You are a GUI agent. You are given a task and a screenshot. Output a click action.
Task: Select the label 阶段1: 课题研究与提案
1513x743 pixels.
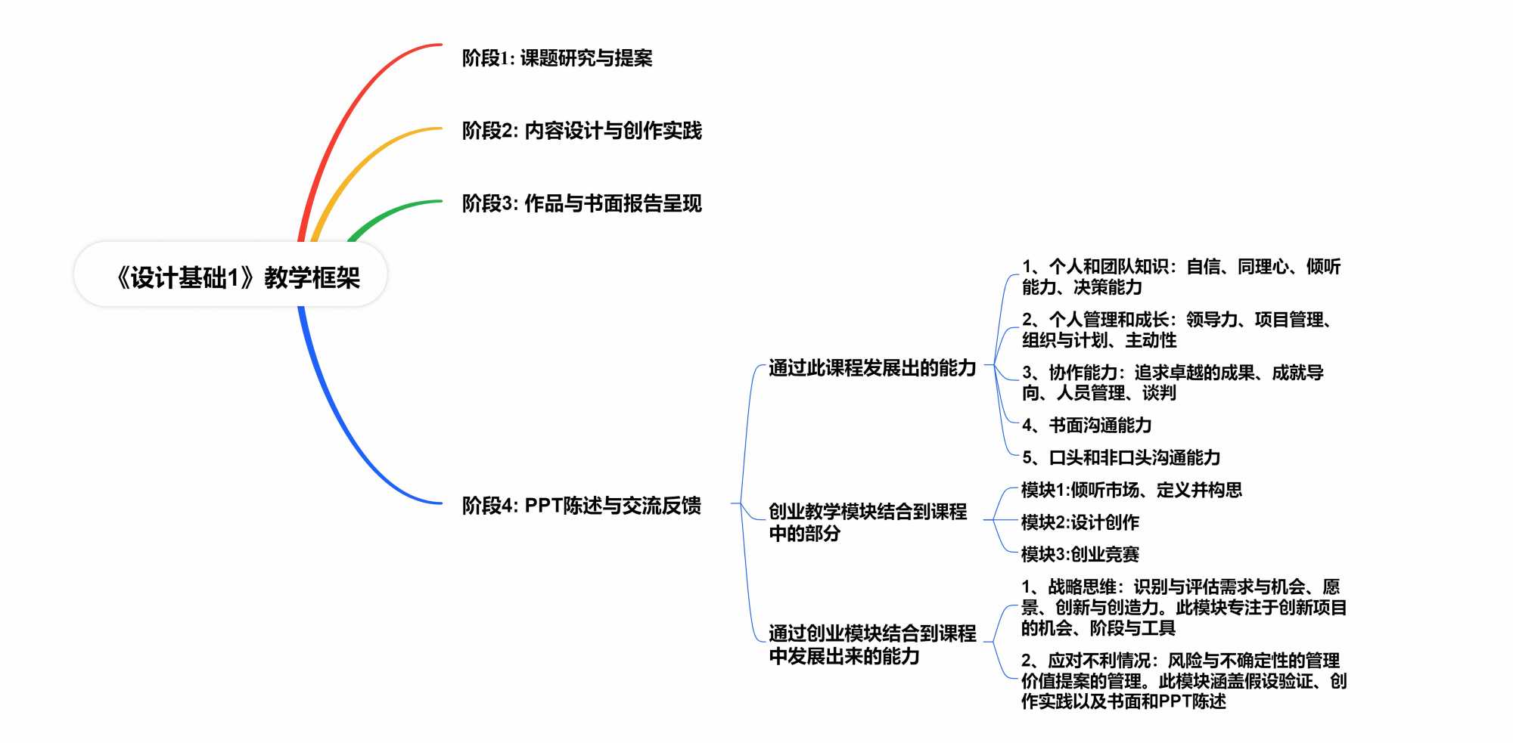557,58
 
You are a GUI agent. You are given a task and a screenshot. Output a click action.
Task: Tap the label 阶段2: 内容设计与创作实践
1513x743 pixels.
582,131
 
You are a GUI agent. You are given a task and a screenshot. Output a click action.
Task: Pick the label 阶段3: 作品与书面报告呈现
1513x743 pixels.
582,203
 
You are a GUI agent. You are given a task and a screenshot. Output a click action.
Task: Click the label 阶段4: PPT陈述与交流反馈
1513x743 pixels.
581,505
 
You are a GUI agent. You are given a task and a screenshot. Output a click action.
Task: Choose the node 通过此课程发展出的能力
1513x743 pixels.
872,368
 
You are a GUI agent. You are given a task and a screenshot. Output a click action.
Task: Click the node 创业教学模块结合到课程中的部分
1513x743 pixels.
867,522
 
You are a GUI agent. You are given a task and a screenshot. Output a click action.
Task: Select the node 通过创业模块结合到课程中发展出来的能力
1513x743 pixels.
872,644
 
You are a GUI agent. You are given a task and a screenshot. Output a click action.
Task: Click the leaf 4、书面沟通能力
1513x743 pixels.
1086,425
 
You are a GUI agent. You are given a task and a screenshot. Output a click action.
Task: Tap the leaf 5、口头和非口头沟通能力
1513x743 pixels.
1121,457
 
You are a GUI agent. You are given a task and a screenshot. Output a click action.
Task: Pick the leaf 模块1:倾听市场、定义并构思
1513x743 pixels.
1131,490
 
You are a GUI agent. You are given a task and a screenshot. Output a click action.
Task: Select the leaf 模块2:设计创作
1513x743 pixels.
1080,522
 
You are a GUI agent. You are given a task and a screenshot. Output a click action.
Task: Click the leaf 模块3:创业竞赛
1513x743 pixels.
1080,554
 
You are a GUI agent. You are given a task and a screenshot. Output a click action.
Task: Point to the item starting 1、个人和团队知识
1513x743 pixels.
1180,277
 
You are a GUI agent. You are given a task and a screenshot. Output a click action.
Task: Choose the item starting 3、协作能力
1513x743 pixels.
1173,382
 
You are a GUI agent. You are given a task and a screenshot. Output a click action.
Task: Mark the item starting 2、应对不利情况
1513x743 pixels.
1183,681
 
